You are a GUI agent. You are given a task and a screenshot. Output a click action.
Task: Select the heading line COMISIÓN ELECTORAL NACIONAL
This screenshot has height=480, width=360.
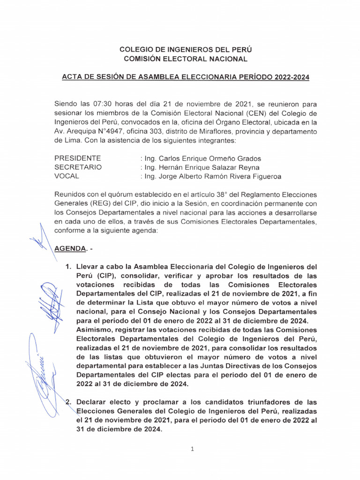point(185,59)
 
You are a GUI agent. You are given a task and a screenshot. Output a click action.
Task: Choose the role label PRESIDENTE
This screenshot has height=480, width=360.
point(78,158)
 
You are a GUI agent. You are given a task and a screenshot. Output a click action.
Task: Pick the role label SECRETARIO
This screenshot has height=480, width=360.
point(78,167)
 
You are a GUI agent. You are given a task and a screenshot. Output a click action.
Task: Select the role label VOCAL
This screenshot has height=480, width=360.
point(67,176)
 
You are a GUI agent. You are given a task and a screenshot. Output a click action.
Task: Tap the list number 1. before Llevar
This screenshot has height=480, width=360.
point(68,267)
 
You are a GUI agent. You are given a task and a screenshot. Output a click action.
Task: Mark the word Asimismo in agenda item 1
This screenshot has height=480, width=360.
point(94,330)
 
